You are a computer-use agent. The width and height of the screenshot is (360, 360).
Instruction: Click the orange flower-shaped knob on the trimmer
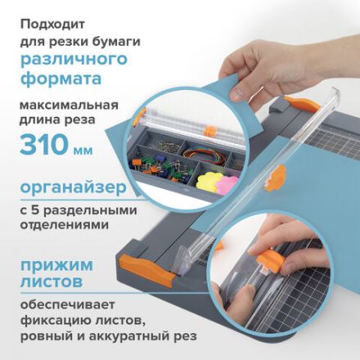tap(278, 174)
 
